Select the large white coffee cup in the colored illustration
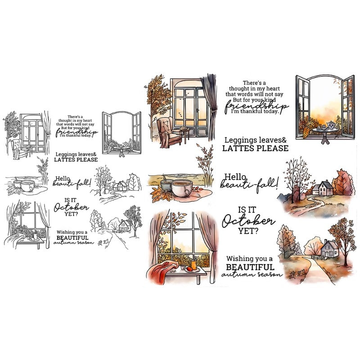[x=182, y=188]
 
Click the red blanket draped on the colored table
[x=162, y=271]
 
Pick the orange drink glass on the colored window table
[x=194, y=265]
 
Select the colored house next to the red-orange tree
[x=322, y=188]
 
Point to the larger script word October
[x=248, y=221]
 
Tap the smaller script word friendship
[x=76, y=132]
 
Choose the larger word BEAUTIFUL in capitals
[x=250, y=267]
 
